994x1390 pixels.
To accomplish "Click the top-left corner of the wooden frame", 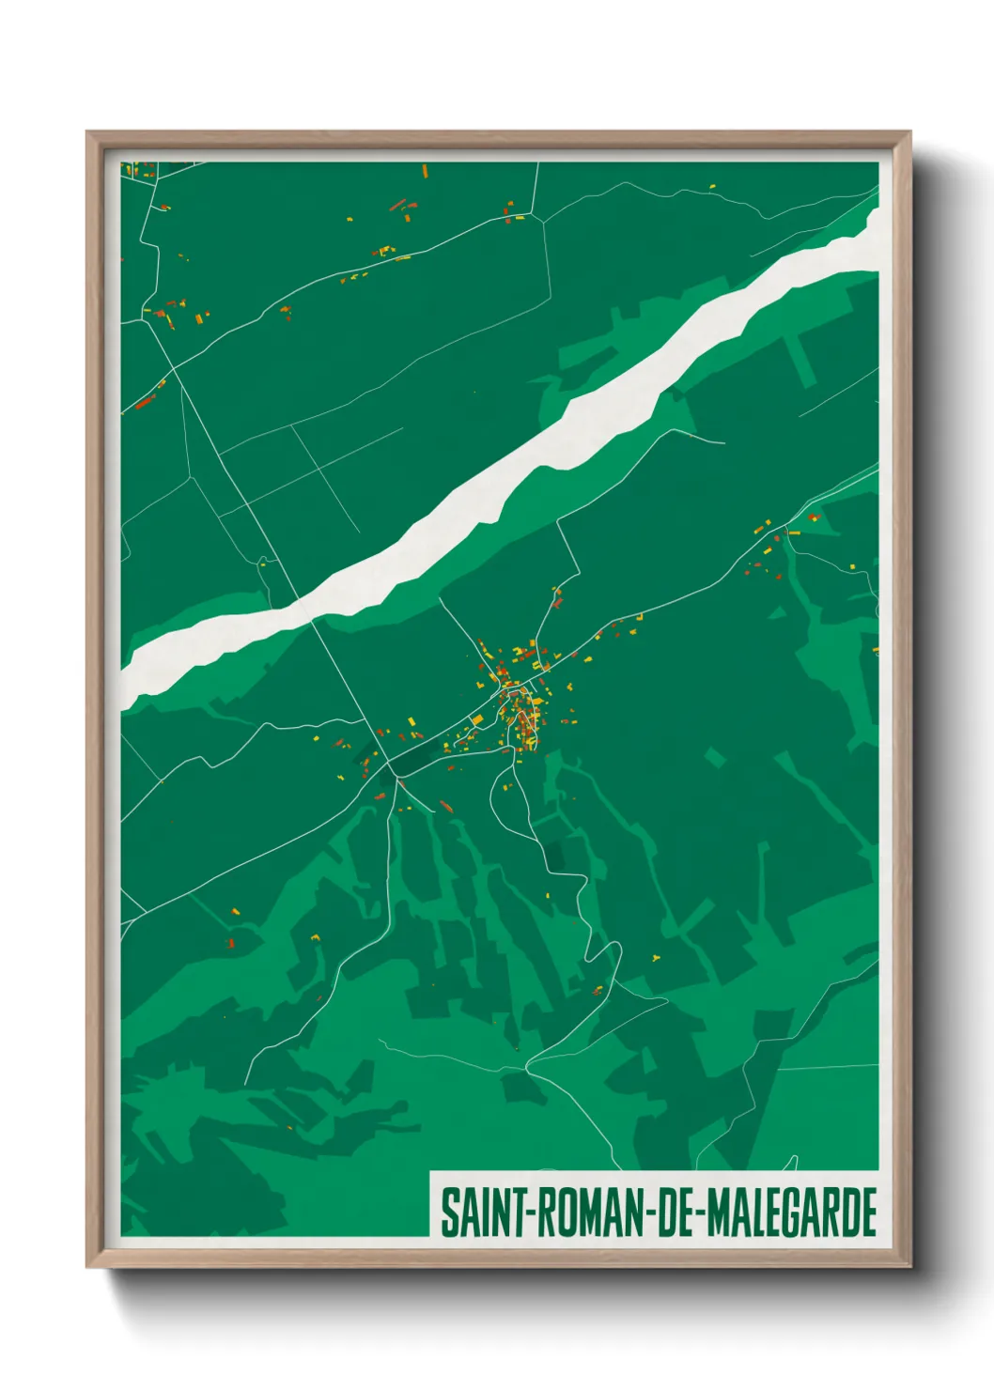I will tap(89, 134).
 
